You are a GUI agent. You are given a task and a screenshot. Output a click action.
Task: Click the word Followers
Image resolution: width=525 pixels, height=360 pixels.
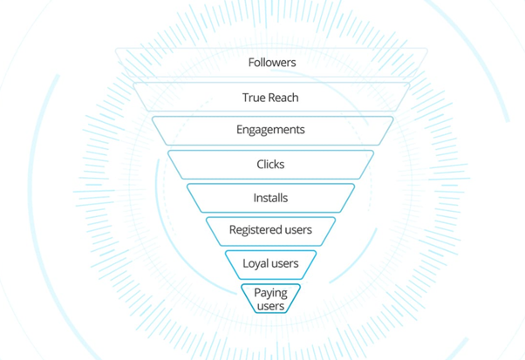point(271,63)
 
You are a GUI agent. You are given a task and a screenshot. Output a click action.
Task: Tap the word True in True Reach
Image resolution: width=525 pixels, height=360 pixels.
point(254,98)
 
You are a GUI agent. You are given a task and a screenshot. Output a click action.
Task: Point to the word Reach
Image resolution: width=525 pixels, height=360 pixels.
point(284,98)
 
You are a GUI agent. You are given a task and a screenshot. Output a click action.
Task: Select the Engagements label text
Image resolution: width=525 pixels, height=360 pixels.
point(270,130)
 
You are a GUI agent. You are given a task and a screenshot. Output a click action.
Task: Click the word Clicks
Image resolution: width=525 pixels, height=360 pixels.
point(270,164)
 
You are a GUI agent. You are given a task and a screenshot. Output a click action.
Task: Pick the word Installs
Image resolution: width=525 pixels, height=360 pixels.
point(270,198)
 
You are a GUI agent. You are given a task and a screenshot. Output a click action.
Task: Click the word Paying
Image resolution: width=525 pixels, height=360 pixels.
point(270,293)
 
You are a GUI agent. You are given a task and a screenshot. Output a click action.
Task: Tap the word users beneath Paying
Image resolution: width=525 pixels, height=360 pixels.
point(270,306)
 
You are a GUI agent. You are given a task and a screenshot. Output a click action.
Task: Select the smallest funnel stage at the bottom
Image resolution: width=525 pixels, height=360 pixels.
point(251,299)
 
